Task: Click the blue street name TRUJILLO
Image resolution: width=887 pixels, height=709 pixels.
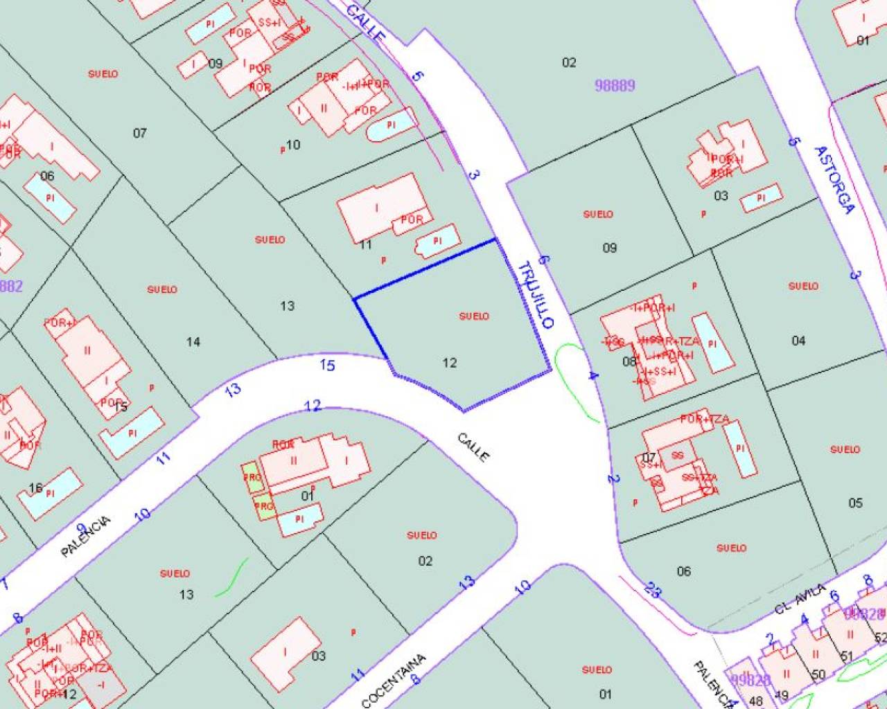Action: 536,295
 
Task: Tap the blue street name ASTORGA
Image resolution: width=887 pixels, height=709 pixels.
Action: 835,179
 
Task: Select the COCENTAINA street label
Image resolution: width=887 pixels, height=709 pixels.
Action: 393,681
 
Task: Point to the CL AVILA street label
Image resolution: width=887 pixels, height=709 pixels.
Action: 800,598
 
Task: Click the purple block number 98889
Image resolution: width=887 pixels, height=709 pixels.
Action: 615,85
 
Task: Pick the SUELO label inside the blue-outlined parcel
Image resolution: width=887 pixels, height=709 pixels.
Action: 474,316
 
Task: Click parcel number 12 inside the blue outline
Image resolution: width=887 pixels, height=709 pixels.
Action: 450,362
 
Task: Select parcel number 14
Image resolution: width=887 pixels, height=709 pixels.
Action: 193,341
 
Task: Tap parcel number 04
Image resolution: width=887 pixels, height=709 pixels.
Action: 798,340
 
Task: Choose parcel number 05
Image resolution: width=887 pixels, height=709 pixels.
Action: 855,503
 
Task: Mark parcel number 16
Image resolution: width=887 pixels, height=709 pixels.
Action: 35,488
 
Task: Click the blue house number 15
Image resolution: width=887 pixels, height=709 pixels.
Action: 327,364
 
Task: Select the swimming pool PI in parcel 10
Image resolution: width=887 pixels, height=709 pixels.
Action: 391,125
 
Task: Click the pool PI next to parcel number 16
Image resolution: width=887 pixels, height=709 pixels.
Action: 50,494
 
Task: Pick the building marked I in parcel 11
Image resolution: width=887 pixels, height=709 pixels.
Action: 377,207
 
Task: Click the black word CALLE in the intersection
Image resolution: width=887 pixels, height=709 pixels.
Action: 473,447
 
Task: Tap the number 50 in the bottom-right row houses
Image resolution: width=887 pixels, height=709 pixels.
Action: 818,674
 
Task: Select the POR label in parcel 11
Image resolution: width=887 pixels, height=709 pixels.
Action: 412,220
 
